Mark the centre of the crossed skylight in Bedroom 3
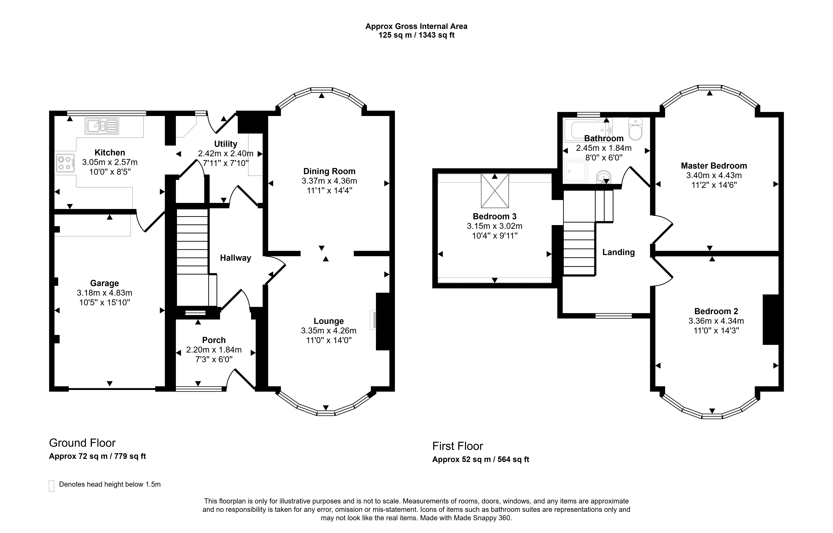[495, 191]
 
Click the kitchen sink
[102, 126]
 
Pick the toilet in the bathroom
[635, 129]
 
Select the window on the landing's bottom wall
[614, 316]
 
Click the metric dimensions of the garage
[104, 293]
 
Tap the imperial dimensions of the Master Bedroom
[714, 185]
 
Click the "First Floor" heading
[457, 446]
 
